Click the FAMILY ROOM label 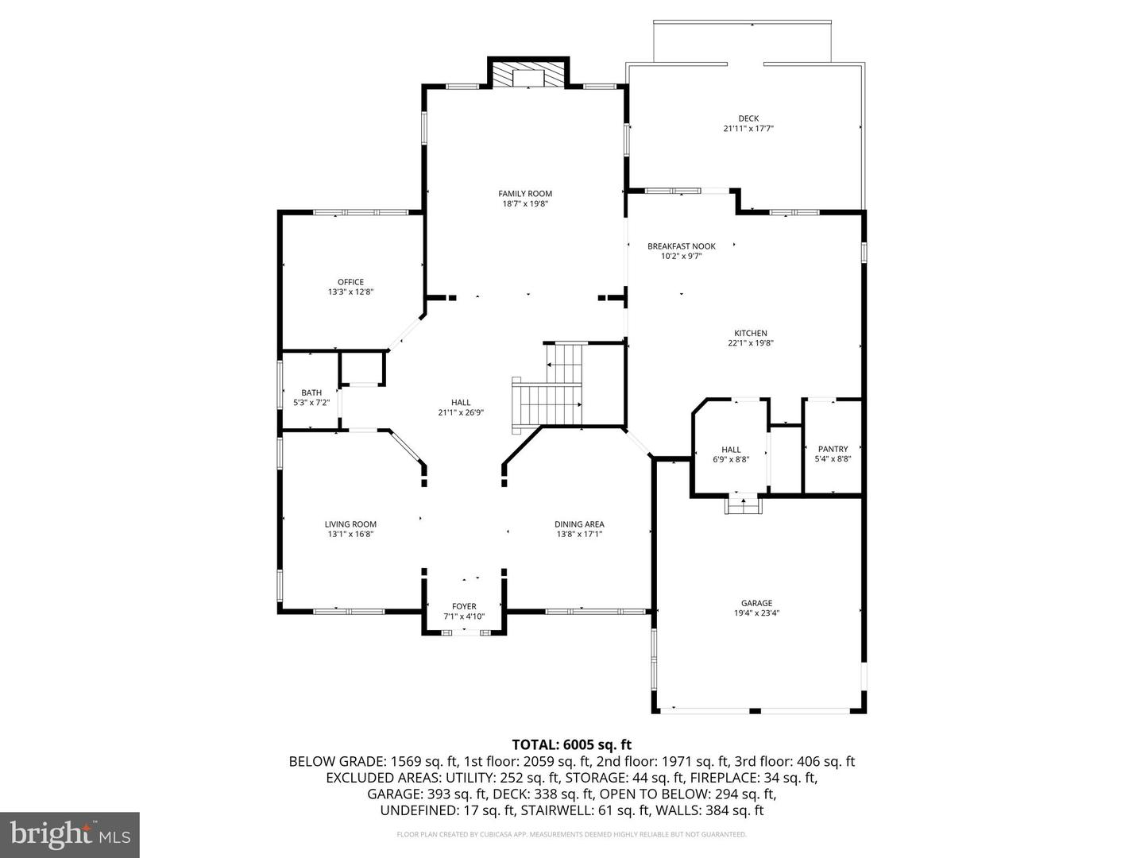point(525,194)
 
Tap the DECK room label point(748,118)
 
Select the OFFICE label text point(350,282)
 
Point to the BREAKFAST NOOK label point(681,246)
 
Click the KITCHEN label point(750,334)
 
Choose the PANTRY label point(833,449)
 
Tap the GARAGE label point(756,603)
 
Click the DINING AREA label point(579,524)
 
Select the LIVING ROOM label point(350,524)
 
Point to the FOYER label point(464,607)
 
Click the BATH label point(311,392)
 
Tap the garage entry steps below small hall point(744,504)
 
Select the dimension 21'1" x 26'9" point(461,412)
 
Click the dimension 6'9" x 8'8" point(731,459)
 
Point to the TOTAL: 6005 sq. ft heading point(571,744)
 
